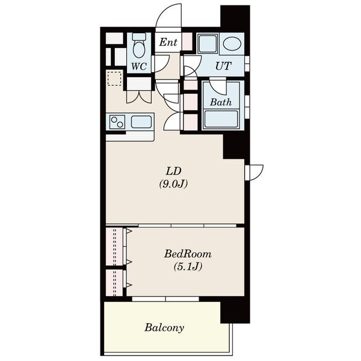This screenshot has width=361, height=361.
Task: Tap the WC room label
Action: pos(139,67)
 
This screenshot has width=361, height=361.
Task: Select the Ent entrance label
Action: pos(168,42)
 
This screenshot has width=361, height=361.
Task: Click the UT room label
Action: pos(223,66)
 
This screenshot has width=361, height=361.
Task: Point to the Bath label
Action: pos(221,102)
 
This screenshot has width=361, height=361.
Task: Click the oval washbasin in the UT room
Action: pos(232,43)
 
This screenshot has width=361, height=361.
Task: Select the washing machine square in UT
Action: pos(208,44)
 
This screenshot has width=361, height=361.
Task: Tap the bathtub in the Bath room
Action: pos(221,119)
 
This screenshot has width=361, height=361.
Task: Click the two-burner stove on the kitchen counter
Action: pos(117,122)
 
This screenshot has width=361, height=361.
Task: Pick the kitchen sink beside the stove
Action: pos(141,122)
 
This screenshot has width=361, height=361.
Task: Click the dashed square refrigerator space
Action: pos(115,78)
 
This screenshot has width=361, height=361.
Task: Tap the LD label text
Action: pos(174,171)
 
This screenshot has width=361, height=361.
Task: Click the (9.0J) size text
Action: pos(174,184)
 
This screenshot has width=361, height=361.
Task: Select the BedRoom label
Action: pos(188,254)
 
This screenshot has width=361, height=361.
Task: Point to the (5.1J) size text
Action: pos(188,267)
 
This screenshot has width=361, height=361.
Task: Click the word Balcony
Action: pos(164,328)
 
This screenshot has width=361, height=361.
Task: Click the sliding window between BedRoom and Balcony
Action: pos(165,299)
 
